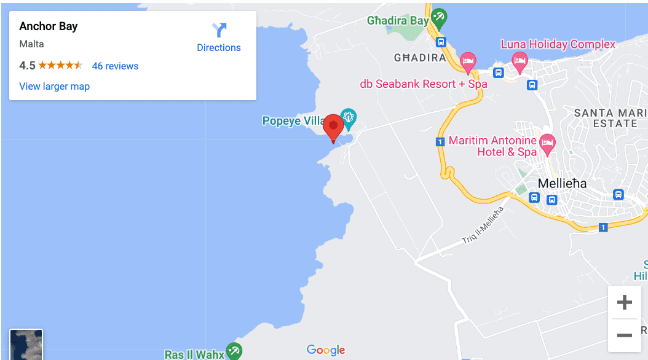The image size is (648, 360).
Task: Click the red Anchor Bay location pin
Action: (333, 127)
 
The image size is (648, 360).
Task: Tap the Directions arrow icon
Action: (219, 30)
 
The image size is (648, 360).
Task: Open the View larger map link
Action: (55, 86)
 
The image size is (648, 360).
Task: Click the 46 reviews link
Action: (115, 66)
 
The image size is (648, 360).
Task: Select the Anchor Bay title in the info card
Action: (49, 26)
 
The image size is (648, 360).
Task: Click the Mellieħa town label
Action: (562, 183)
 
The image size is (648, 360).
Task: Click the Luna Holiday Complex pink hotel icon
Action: (520, 61)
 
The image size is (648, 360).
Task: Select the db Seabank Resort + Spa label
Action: (423, 84)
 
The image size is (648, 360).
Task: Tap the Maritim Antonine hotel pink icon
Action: (547, 143)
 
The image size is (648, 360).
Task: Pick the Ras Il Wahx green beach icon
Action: (234, 351)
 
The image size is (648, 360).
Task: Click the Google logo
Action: (326, 350)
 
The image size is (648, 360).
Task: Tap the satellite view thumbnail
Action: (26, 345)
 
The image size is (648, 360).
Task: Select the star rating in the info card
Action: (60, 66)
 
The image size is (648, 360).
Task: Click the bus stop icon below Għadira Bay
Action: (441, 42)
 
